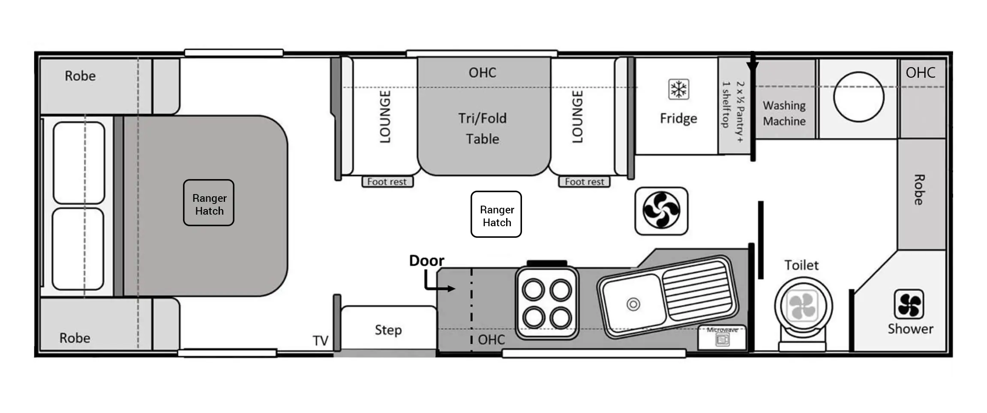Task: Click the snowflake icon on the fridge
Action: (x=678, y=90)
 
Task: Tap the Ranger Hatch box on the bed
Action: (x=209, y=203)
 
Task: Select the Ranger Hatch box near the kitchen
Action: (x=496, y=214)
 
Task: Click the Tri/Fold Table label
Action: (x=483, y=128)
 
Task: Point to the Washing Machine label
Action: (x=784, y=113)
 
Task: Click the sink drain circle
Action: (x=633, y=304)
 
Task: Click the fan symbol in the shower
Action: (x=909, y=304)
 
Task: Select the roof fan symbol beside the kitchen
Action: (x=661, y=211)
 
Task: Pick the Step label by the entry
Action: (x=388, y=330)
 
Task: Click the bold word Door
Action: (x=426, y=260)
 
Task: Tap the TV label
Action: (x=320, y=341)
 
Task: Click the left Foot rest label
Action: (x=387, y=182)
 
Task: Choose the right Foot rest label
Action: (x=584, y=182)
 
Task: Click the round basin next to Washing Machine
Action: (x=858, y=97)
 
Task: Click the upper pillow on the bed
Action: (x=79, y=162)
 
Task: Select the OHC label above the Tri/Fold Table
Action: (x=483, y=73)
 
